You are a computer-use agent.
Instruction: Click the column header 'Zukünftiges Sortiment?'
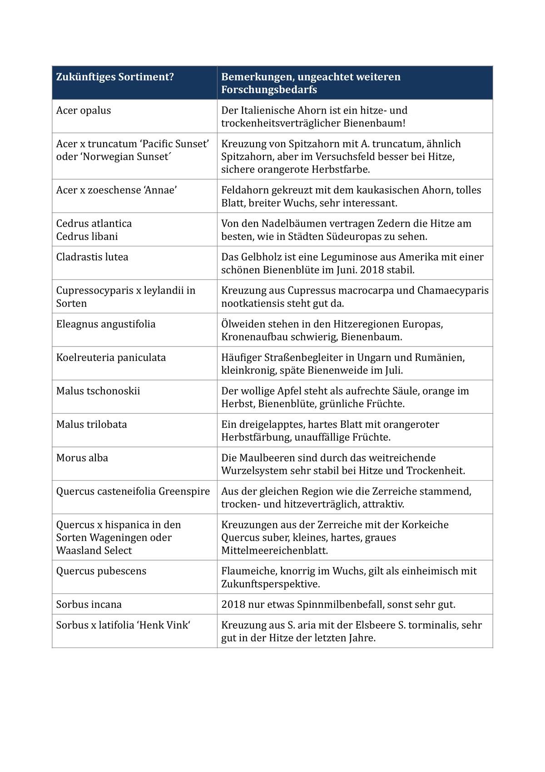(x=115, y=77)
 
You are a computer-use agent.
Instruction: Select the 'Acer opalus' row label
(x=84, y=110)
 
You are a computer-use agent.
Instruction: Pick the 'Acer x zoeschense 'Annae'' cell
(x=116, y=190)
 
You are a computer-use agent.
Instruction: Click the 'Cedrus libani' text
(x=87, y=236)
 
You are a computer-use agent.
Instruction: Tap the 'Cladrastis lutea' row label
(x=92, y=257)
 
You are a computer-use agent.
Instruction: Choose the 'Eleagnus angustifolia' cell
(x=106, y=324)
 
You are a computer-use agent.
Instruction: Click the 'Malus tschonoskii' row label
(x=98, y=391)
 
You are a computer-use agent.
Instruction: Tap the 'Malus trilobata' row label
(x=92, y=425)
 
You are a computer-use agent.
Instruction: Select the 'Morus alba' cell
(x=82, y=458)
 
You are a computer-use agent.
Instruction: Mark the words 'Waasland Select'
(x=94, y=551)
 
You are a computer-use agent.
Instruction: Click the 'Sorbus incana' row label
(x=89, y=605)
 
